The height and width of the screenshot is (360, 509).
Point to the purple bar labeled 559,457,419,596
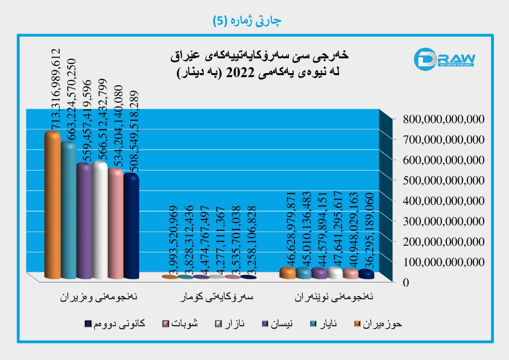coord(84,221)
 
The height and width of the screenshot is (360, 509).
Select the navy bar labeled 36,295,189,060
coord(366,274)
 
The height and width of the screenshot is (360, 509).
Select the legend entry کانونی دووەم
coord(115,324)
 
